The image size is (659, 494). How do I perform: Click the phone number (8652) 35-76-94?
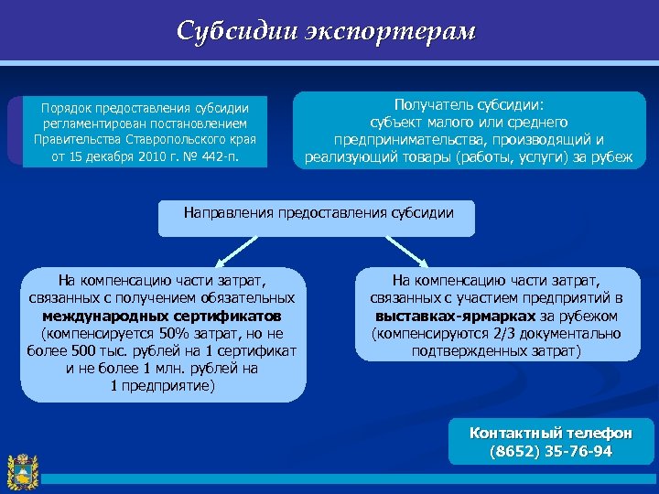pos(551,451)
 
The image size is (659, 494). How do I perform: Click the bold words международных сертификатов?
pos(163,316)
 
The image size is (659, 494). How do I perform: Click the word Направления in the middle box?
pos(225,212)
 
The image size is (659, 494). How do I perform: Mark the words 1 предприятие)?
pos(163,385)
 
